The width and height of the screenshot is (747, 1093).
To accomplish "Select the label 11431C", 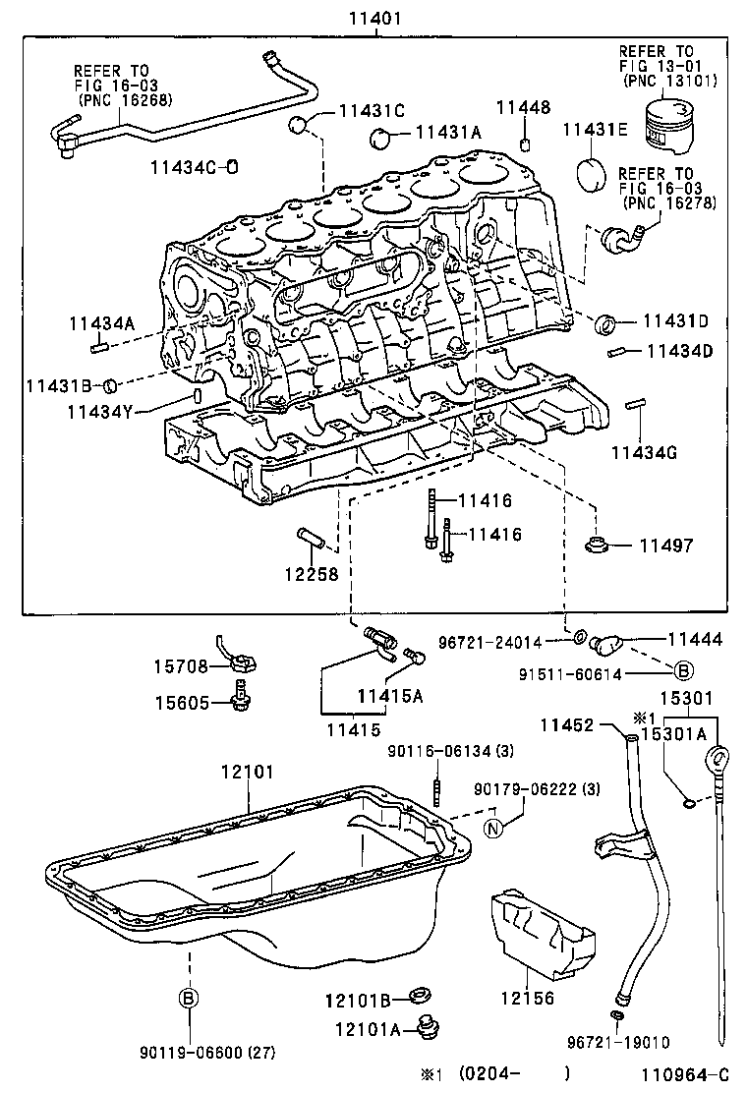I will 372,111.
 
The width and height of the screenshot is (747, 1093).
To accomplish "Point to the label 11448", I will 523,108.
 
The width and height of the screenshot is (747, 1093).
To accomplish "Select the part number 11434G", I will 643,452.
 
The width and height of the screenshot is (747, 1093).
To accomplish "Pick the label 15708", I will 180,666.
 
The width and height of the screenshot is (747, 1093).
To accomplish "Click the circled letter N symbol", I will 493,827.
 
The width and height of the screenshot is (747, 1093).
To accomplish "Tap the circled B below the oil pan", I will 188,998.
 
